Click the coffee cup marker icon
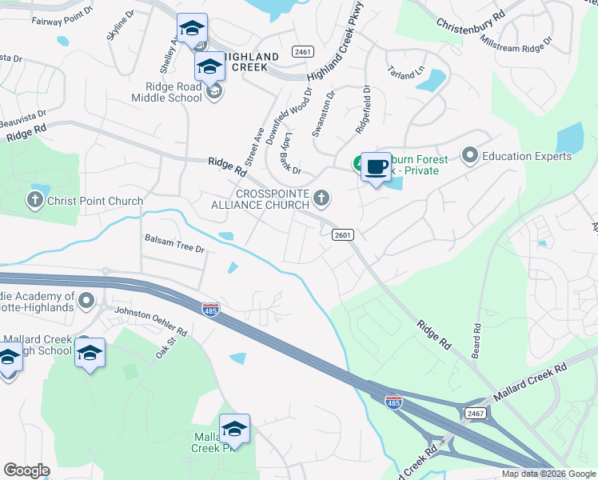coord(377,167)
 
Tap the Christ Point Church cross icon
coord(35,200)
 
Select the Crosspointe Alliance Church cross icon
coord(321,197)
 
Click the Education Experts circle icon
coord(469,154)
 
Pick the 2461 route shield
coord(302,52)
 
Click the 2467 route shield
coord(475,412)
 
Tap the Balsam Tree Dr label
coord(175,244)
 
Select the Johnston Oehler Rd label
coord(150,321)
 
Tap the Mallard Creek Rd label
coord(529,382)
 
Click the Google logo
coord(26,470)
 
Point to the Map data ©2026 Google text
coord(548,474)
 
